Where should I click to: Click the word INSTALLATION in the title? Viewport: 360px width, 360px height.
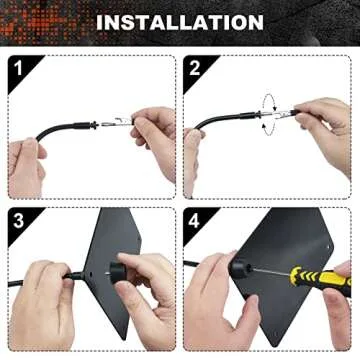[x=180, y=21]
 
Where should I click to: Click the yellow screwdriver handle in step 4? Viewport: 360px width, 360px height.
[x=318, y=281]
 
